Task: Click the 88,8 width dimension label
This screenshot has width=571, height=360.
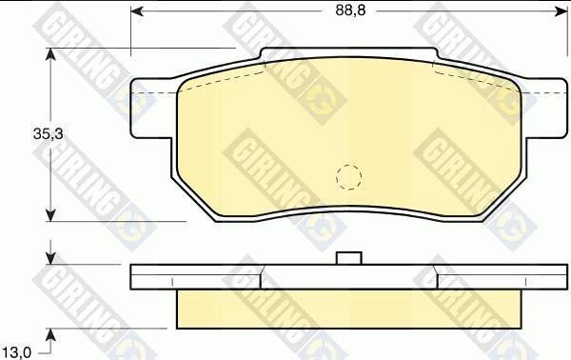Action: (x=350, y=10)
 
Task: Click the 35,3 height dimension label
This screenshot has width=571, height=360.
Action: (x=49, y=134)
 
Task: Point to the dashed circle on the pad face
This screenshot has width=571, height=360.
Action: (x=348, y=177)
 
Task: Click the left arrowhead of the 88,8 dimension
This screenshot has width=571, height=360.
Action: (x=136, y=11)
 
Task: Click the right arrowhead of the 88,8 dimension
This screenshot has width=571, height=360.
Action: (x=561, y=11)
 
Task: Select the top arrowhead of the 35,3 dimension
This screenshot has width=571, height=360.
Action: (x=50, y=54)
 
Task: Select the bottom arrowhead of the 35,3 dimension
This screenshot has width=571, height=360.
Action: (x=50, y=215)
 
